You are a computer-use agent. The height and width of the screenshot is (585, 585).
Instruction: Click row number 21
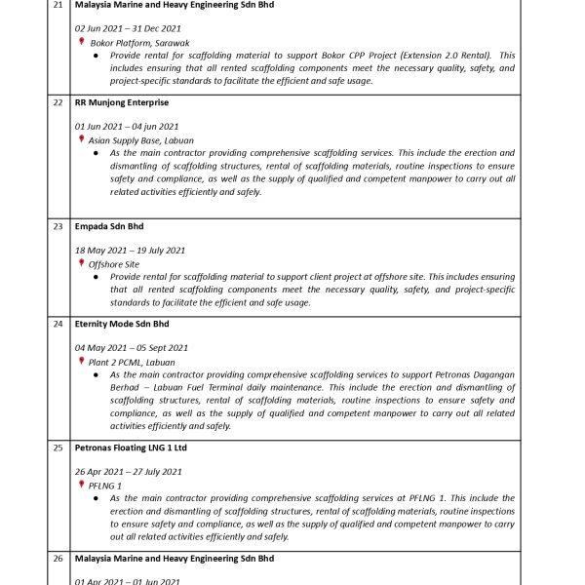(58, 5)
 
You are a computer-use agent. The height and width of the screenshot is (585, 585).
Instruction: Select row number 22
(58, 102)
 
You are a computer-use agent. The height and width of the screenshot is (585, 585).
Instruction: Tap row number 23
(58, 226)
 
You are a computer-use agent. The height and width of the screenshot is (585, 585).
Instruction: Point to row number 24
(58, 324)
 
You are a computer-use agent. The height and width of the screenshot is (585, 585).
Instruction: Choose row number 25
(58, 448)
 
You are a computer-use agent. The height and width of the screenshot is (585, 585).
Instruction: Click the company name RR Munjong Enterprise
(122, 102)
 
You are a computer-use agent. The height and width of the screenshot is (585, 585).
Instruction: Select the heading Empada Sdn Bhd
(109, 226)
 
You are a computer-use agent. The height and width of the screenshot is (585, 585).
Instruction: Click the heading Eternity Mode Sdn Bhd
(122, 324)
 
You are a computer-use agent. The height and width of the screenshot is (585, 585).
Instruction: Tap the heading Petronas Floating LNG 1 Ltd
(131, 448)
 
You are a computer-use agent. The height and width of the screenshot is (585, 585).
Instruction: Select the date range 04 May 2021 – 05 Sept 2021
(132, 348)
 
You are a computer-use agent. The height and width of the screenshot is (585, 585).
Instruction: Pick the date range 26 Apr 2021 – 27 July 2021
(129, 472)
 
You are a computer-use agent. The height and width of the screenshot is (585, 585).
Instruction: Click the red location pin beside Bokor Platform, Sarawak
(82, 42)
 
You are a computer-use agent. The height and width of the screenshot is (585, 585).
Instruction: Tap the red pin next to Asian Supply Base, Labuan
(82, 139)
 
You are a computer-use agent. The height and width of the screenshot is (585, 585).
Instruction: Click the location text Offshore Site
(114, 264)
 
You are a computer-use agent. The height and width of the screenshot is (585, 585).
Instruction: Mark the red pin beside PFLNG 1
(82, 485)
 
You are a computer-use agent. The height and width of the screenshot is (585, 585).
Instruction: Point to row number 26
(58, 559)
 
